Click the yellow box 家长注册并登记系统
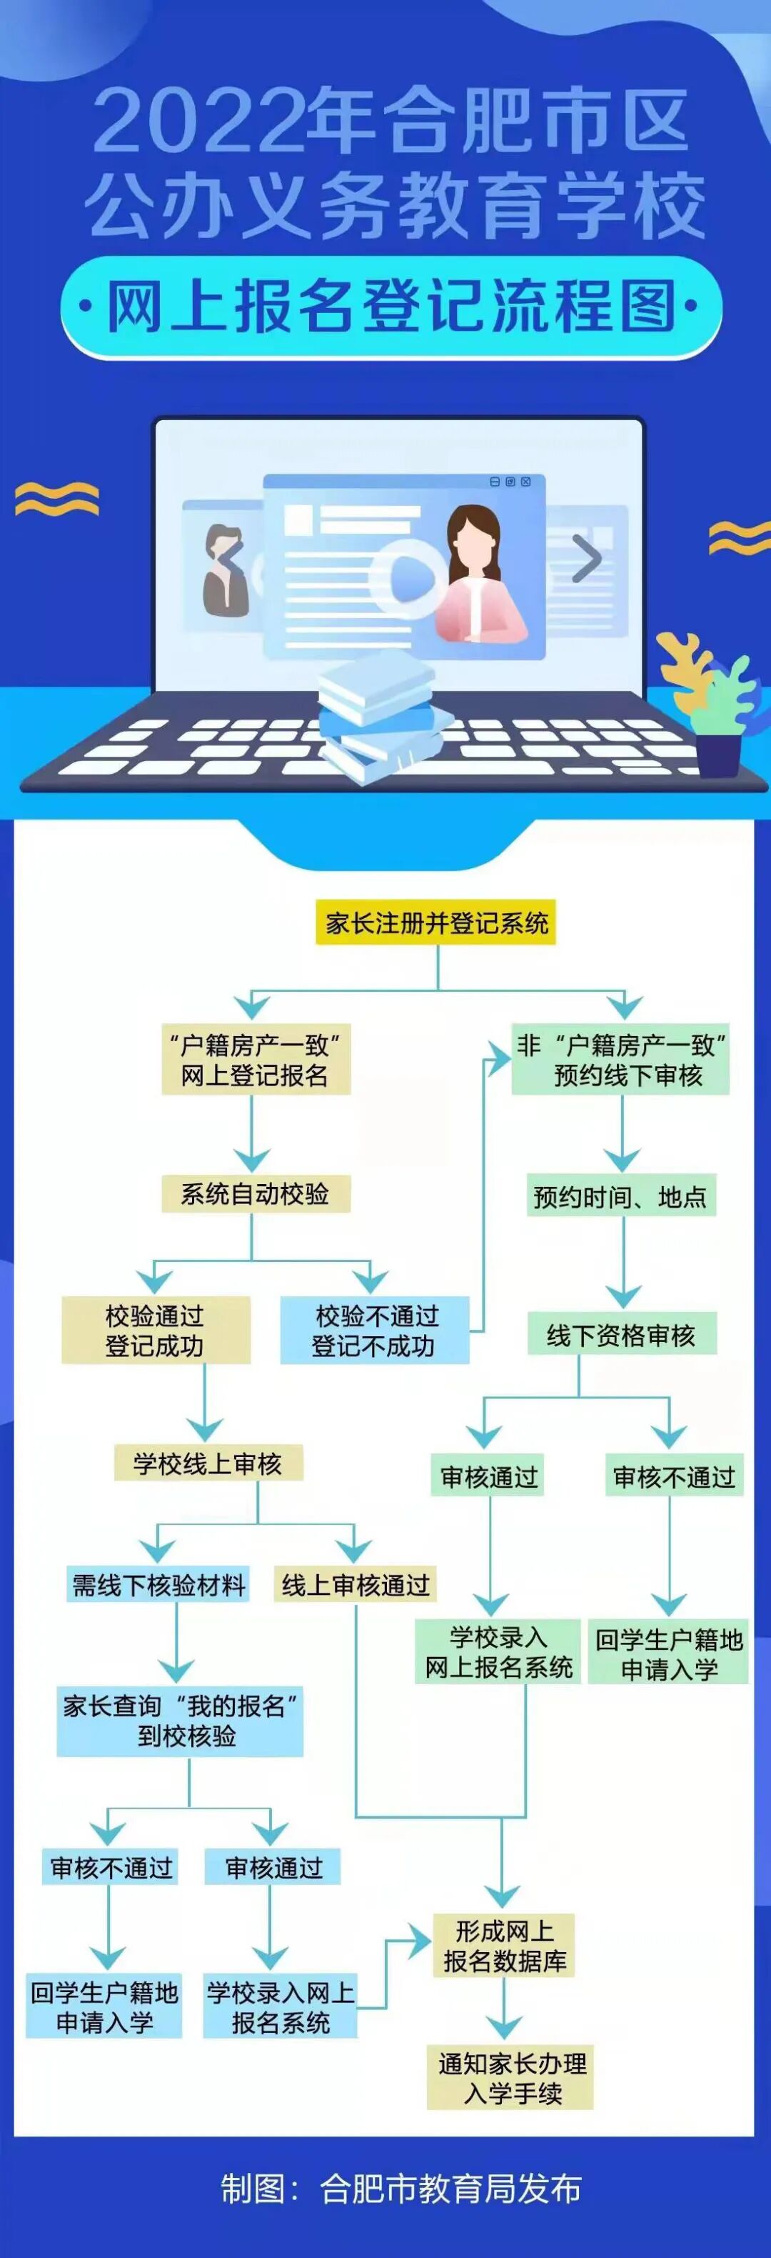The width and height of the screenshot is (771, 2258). coord(435,922)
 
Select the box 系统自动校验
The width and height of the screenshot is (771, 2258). coord(255,1194)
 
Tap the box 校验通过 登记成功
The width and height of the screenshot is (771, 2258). coord(155,1330)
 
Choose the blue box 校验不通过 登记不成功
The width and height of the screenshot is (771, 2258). coord(374,1330)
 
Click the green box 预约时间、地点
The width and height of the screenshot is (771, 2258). coord(620,1195)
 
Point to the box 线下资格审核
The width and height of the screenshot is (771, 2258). coord(621,1335)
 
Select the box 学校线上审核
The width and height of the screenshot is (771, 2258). coord(208,1463)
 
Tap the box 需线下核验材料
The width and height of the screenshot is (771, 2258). coord(158,1585)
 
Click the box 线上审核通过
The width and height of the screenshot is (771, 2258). coord(355,1585)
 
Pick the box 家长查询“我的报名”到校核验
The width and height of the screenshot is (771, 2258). coord(180,1720)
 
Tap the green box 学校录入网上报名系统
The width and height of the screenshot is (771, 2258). coord(498,1651)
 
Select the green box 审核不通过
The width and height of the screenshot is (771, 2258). coord(674,1477)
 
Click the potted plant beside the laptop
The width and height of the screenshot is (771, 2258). coord(714,710)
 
